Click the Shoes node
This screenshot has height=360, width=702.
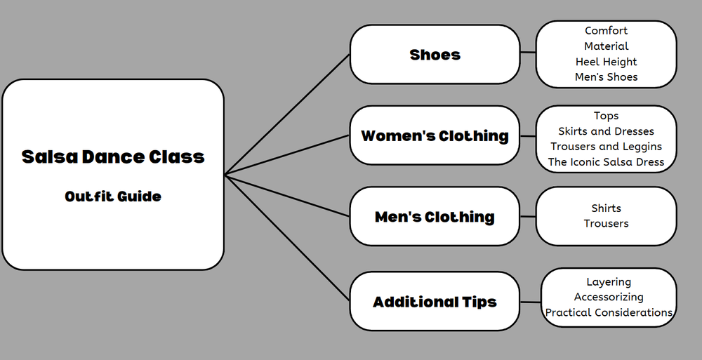tap(435, 54)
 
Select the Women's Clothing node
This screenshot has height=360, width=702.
tap(435, 135)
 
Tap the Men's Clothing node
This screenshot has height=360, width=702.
tap(435, 217)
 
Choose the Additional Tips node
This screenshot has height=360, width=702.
tap(435, 302)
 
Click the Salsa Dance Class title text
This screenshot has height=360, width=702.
tap(113, 156)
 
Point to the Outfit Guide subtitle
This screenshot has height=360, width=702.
tap(113, 196)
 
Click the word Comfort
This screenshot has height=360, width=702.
tap(607, 31)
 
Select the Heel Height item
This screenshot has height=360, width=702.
tap(607, 62)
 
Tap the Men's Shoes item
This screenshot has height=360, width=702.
tap(607, 77)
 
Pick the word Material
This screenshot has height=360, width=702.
tap(607, 46)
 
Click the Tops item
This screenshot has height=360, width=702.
tap(607, 116)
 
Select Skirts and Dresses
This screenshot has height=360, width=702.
tap(607, 131)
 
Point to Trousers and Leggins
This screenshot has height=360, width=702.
tap(607, 147)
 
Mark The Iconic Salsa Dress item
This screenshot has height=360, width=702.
tap(607, 162)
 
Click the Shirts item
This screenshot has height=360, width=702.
tap(607, 208)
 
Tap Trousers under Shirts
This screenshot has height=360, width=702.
tap(607, 224)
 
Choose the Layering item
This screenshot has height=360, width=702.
tap(609, 281)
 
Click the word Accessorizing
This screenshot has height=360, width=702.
tap(609, 297)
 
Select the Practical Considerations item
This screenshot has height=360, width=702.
tap(609, 312)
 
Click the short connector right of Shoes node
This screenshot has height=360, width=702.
tap(528, 53)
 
